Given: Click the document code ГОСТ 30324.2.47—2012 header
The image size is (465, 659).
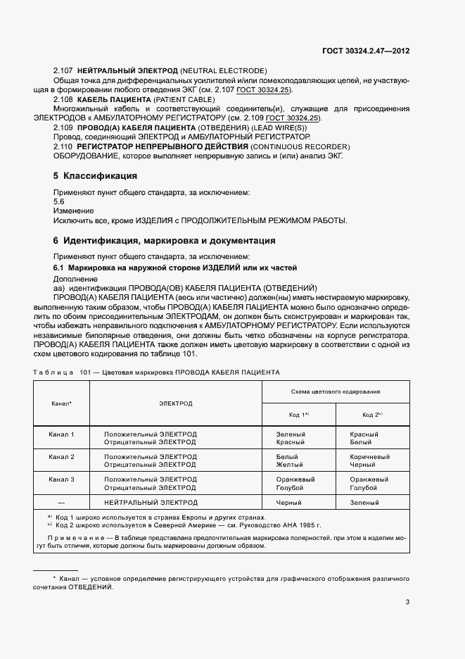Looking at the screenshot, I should point(375,51).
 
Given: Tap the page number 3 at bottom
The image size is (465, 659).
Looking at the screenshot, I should point(408,601).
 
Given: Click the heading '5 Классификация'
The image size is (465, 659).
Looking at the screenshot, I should point(95,175).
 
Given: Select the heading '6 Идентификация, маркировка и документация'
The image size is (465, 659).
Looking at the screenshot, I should point(165,241).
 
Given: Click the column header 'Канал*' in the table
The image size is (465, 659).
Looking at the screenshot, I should point(62,404).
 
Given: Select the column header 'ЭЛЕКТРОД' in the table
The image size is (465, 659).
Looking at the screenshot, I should point(175,404).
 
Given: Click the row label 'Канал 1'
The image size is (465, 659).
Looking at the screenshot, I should point(62,434).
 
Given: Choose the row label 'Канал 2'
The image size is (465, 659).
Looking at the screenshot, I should point(62,457).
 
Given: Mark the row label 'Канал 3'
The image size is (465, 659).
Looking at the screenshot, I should point(62,479).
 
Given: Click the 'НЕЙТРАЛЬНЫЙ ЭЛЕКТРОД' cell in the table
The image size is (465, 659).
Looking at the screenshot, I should point(151,503).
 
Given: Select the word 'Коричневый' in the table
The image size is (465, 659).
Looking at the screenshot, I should point(369,457).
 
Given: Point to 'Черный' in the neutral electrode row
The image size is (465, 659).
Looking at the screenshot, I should point(291,503).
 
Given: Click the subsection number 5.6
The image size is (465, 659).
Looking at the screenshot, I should point(59,201).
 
